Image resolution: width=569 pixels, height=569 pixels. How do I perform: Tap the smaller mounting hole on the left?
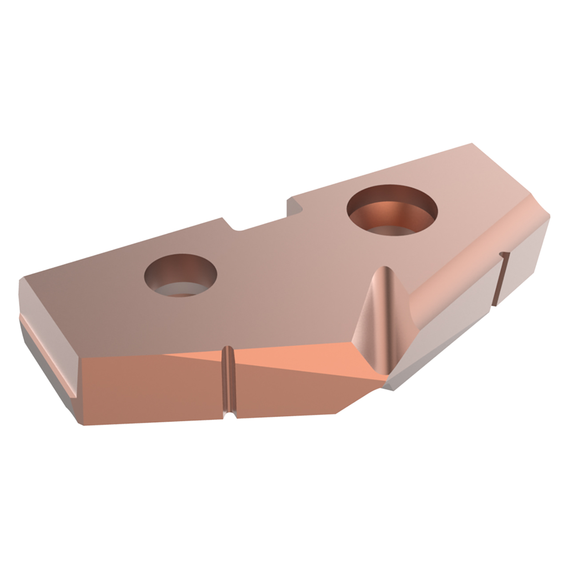click(x=180, y=276)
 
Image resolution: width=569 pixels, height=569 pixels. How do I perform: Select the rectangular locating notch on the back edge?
click(x=262, y=218)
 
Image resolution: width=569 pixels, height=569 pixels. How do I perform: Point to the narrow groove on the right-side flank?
click(x=500, y=280)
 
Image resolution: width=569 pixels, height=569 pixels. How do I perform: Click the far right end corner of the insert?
click(x=549, y=216)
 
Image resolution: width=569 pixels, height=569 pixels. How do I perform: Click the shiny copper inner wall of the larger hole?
click(x=391, y=213)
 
